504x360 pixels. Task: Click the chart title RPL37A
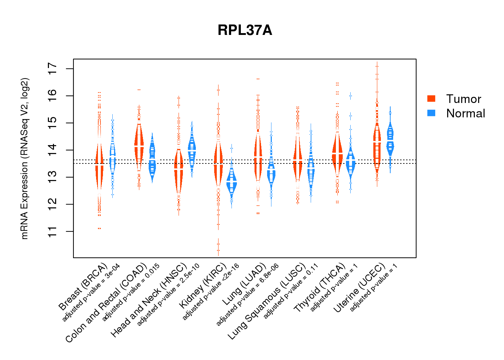245,30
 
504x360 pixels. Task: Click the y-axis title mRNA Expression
24,158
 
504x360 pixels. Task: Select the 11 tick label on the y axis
53,231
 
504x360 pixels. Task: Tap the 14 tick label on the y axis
53,150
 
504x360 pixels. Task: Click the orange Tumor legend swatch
431,99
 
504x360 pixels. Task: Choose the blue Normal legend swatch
431,113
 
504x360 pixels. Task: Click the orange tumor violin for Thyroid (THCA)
337,153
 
